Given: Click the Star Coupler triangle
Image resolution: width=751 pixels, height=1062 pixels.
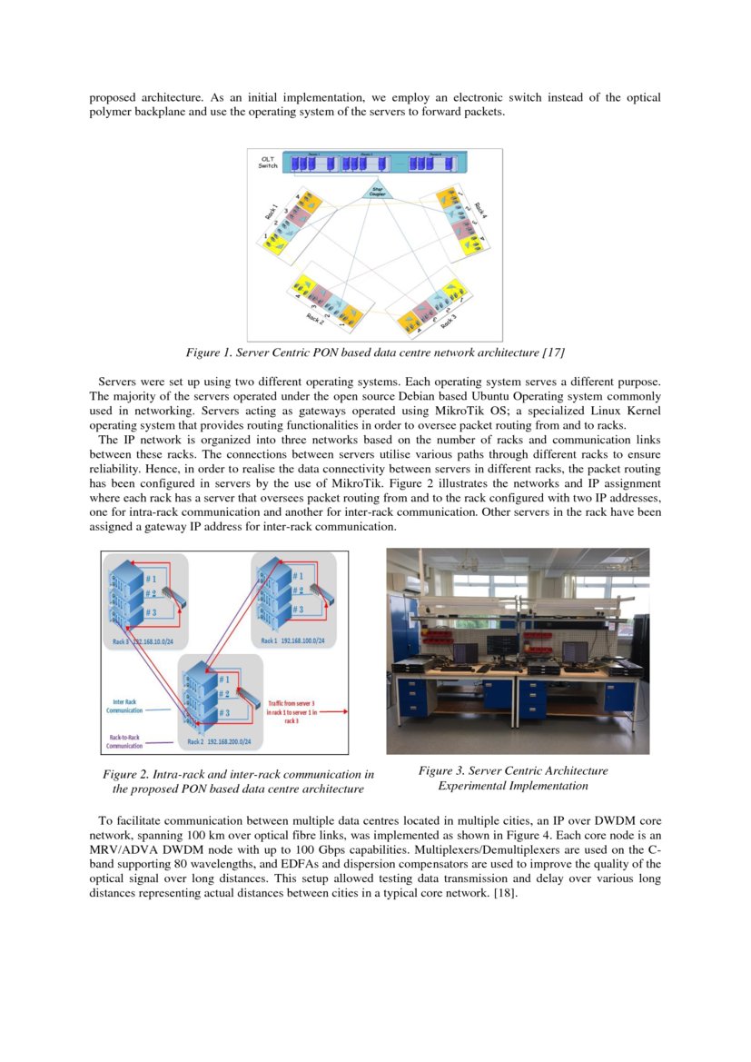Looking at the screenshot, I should click(x=376, y=191).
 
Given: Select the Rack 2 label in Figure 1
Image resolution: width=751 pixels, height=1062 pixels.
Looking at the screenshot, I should click(x=315, y=319).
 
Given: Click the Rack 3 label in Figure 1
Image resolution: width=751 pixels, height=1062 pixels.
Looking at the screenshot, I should click(x=450, y=321).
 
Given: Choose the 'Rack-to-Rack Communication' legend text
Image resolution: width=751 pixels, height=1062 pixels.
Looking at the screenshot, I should click(x=124, y=741).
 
